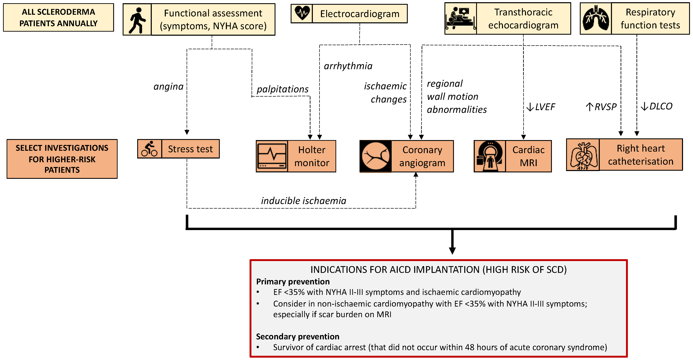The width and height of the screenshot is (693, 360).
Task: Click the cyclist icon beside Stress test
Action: (150, 149)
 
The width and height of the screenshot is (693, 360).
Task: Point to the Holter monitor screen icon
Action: (272, 156)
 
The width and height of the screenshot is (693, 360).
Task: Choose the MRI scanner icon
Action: (490, 156)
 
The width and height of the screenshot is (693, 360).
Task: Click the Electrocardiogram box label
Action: (360, 14)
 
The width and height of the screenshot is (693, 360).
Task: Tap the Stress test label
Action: (190, 149)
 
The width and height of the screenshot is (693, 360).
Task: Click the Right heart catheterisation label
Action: (641, 155)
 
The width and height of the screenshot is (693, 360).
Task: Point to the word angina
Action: (168, 87)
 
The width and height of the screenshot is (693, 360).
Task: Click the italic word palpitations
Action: (283, 89)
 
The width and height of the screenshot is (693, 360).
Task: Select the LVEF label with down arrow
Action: (541, 107)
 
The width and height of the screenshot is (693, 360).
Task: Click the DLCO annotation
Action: (656, 106)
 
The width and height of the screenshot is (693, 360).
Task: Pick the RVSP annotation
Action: (601, 107)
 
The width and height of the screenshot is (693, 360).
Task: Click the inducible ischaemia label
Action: (304, 201)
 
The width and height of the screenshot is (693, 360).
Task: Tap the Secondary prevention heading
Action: (298, 337)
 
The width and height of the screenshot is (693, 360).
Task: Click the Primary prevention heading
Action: (293, 282)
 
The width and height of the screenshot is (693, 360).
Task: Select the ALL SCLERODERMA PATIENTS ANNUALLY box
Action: (58, 17)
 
